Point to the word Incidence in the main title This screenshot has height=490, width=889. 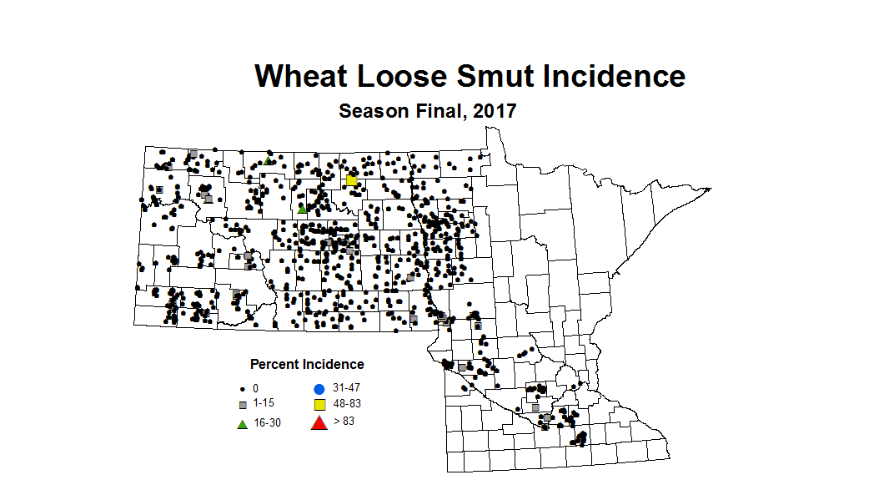coord(614,76)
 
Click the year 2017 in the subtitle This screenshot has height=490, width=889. coord(495,111)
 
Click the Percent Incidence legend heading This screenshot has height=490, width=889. coord(307,365)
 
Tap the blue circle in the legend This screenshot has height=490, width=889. coord(319,389)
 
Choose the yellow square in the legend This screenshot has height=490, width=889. coord(319,405)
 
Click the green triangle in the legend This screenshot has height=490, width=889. coord(243,423)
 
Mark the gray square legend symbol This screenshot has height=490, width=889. coord(243,405)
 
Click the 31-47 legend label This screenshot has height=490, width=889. coord(347,389)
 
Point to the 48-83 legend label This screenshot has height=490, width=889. coord(347,404)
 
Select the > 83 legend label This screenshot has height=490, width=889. coord(344,422)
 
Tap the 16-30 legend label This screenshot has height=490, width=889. coord(267,423)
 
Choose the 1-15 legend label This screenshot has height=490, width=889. coord(264,404)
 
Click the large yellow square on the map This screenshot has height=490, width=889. coord(352,180)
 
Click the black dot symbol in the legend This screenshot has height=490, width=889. coord(243,389)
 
